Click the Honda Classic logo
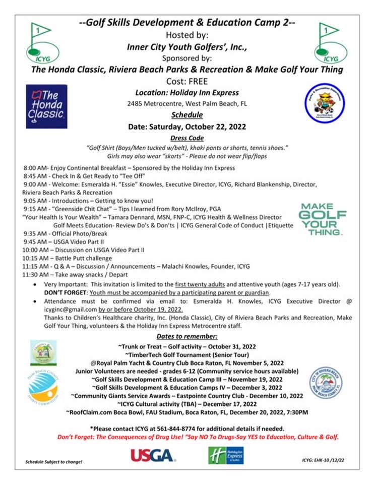pyautogui.click(x=46, y=107)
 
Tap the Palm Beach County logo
pyautogui.click(x=44, y=386)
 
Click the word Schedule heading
pyautogui.click(x=186, y=114)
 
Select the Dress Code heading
pyautogui.click(x=186, y=138)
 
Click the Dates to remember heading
pyautogui.click(x=186, y=336)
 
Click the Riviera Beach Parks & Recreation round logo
pyautogui.click(x=325, y=103)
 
